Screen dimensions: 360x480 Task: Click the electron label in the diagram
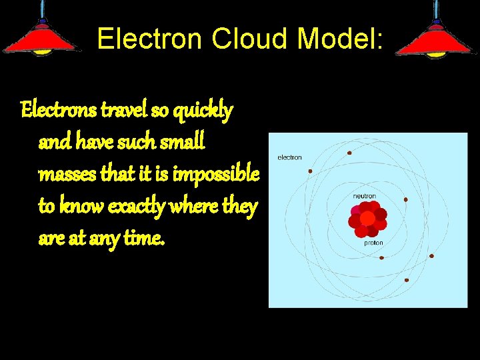(289, 157)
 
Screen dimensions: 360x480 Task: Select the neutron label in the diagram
(364, 196)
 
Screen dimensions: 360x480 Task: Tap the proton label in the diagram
(373, 243)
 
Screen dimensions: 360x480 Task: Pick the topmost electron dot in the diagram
(349, 153)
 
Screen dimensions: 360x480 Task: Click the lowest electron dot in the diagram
(406, 281)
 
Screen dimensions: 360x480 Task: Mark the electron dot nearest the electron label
(310, 171)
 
